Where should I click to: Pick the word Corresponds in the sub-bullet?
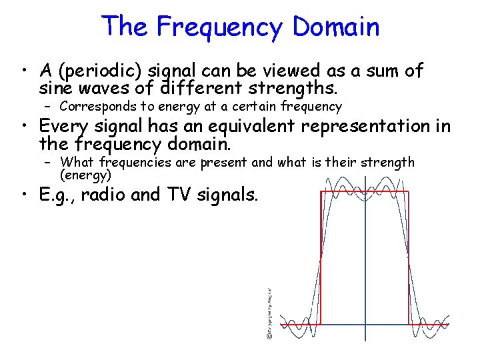[95, 107]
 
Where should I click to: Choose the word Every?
[67, 126]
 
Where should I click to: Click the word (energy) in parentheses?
[85, 175]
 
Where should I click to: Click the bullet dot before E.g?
[25, 196]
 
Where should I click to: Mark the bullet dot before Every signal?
[25, 127]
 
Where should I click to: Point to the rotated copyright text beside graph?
[269, 313]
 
